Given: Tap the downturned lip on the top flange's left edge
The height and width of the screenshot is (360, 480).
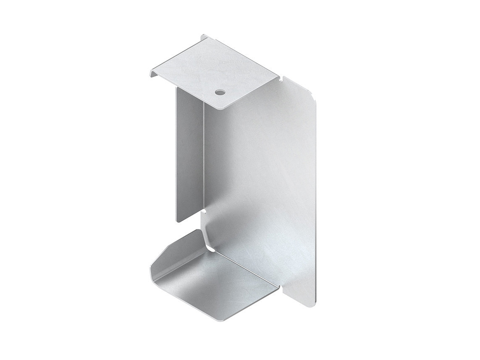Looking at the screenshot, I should (152, 74).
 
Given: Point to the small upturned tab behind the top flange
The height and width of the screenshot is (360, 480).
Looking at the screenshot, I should (204, 37).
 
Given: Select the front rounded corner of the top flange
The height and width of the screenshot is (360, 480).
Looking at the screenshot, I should (222, 108).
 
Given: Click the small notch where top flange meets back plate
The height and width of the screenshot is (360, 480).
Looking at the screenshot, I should (281, 77).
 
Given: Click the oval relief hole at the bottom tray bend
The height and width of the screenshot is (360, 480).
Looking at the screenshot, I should (211, 250).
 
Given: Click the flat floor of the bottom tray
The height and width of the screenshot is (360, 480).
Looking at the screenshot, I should (218, 286).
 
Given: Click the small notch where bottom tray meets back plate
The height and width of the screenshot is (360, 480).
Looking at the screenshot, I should (279, 287).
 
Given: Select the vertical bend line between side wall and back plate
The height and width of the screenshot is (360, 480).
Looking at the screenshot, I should (204, 160).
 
